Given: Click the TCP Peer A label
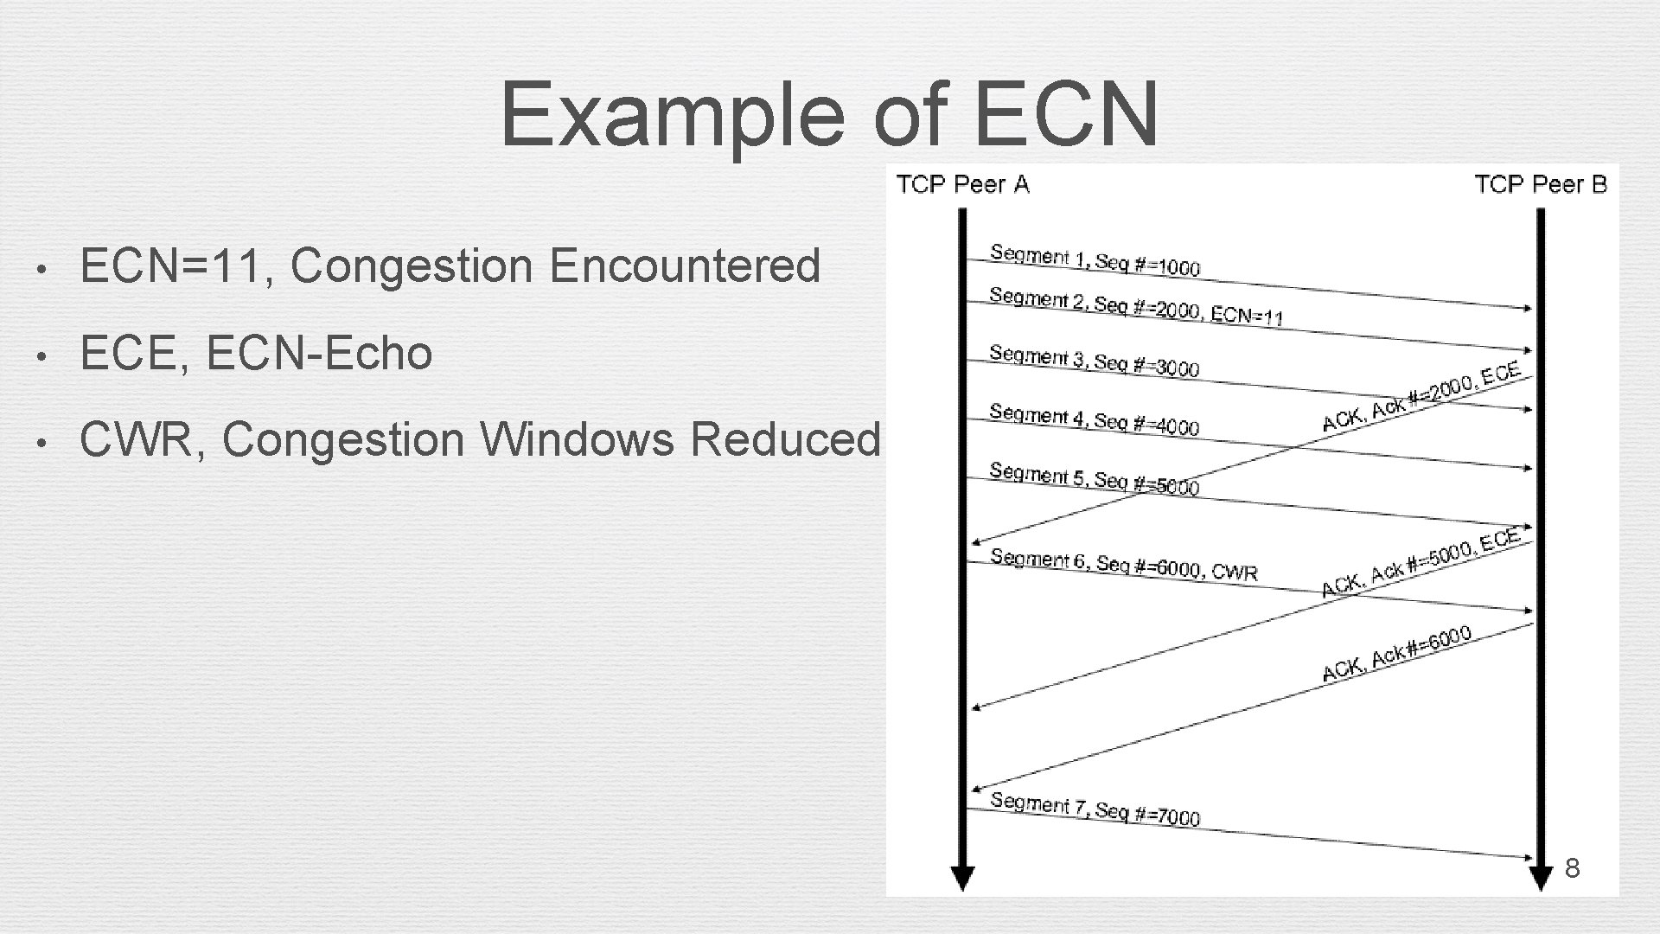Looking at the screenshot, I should [962, 184].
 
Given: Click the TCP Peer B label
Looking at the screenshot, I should [1540, 184].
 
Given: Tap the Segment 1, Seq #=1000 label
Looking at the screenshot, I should [1095, 260].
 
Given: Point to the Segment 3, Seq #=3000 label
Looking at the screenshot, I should [1094, 361].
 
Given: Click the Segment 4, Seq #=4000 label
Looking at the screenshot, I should [1094, 419].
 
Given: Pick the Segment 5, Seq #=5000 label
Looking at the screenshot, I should [1094, 479].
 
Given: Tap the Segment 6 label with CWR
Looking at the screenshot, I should [1123, 565].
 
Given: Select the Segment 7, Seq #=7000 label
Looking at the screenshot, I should [1095, 809].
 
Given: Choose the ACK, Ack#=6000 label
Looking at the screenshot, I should [1397, 655].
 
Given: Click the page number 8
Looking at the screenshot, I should [1573, 868].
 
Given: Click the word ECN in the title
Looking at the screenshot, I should [1066, 114].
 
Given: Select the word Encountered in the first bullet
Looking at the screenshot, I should [684, 265].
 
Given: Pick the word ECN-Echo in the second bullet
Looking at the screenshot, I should [319, 353].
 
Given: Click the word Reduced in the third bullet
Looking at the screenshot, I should [784, 439].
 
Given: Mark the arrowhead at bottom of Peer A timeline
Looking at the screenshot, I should [962, 879].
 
